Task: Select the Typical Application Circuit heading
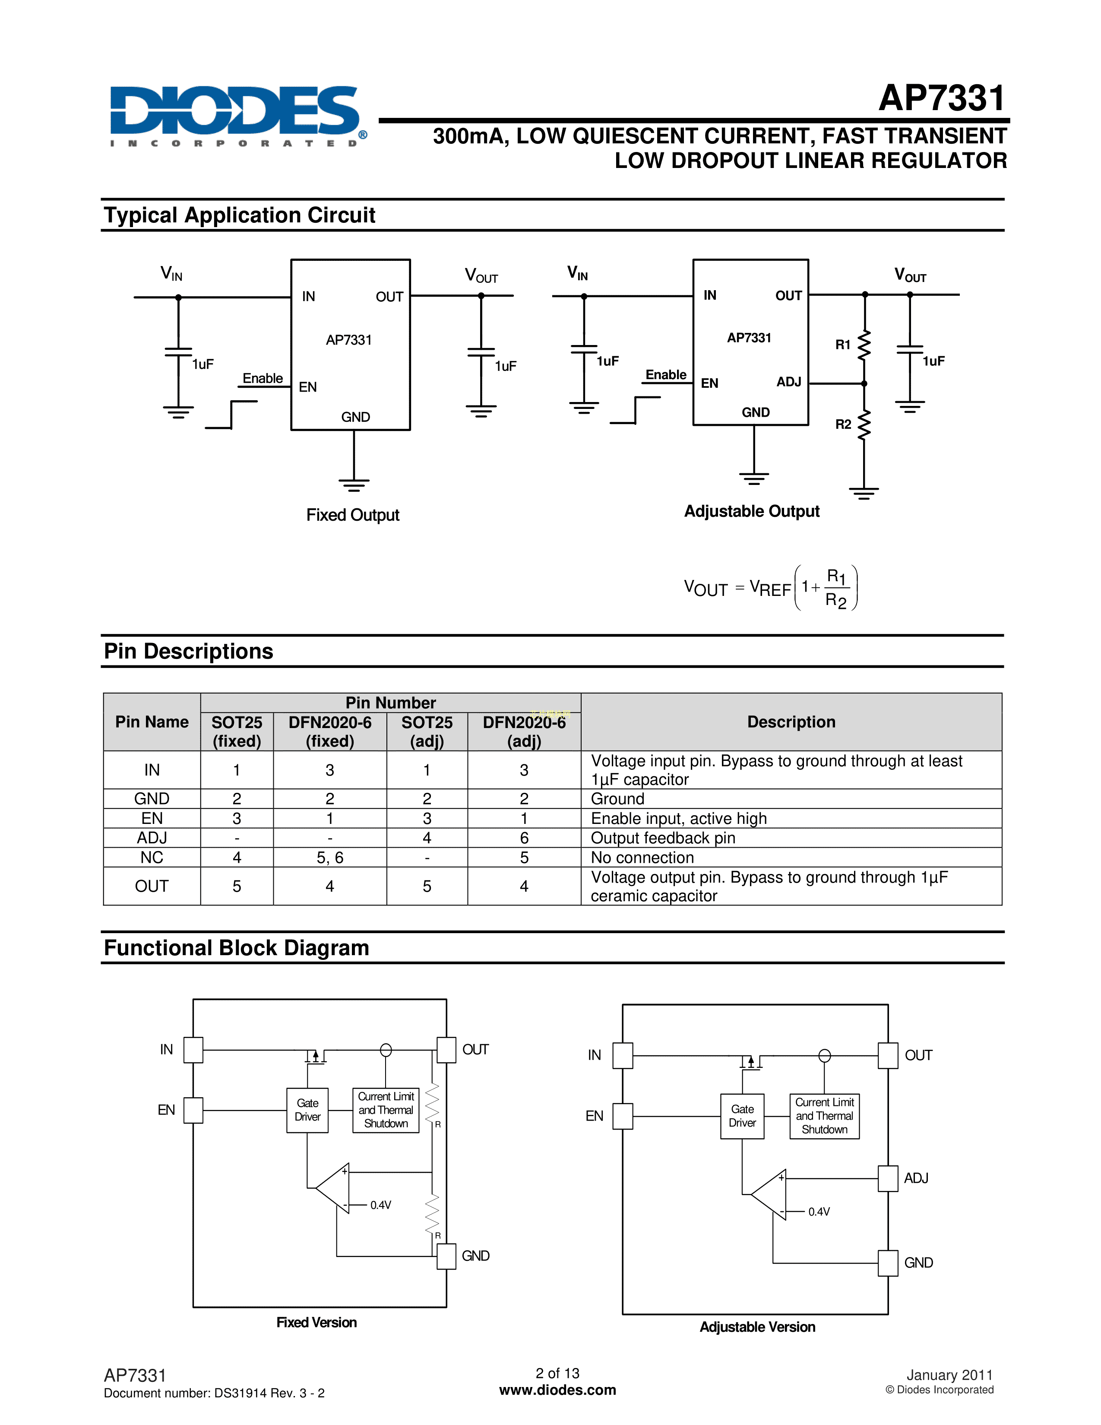pos(239,215)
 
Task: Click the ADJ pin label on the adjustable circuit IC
pos(788,382)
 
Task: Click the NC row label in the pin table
pos(152,857)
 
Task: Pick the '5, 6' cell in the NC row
pos(329,857)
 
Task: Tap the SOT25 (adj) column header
pos(427,731)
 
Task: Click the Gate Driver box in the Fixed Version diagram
pos(307,1110)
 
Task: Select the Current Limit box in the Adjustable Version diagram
pos(824,1116)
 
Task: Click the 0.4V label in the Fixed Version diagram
pos(380,1205)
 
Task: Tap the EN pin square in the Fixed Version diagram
pos(193,1110)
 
